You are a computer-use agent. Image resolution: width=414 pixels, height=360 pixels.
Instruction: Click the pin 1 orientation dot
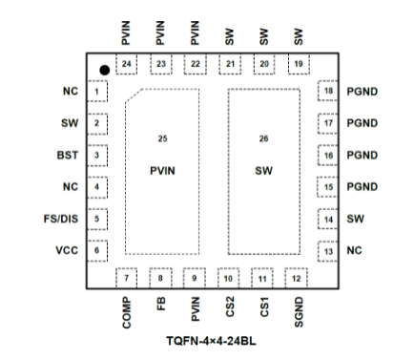tap(103, 69)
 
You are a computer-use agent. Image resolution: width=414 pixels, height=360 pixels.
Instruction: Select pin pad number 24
tap(127, 64)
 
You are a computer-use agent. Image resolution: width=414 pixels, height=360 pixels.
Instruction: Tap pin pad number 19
tap(298, 64)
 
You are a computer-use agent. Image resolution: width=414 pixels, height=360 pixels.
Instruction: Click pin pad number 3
tap(97, 155)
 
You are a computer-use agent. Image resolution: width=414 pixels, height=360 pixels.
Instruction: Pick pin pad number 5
tap(97, 219)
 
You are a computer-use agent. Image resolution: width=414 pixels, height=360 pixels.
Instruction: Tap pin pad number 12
tap(298, 279)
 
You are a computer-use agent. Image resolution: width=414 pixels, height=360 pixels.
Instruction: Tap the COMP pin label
tap(127, 314)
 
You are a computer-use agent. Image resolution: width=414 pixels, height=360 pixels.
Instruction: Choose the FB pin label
tap(161, 307)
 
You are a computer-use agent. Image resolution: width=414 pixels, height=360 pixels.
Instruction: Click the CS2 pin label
tap(230, 309)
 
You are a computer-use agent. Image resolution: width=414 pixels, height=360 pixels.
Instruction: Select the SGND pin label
tap(298, 314)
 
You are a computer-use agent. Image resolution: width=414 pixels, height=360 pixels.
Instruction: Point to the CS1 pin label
tap(264, 309)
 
